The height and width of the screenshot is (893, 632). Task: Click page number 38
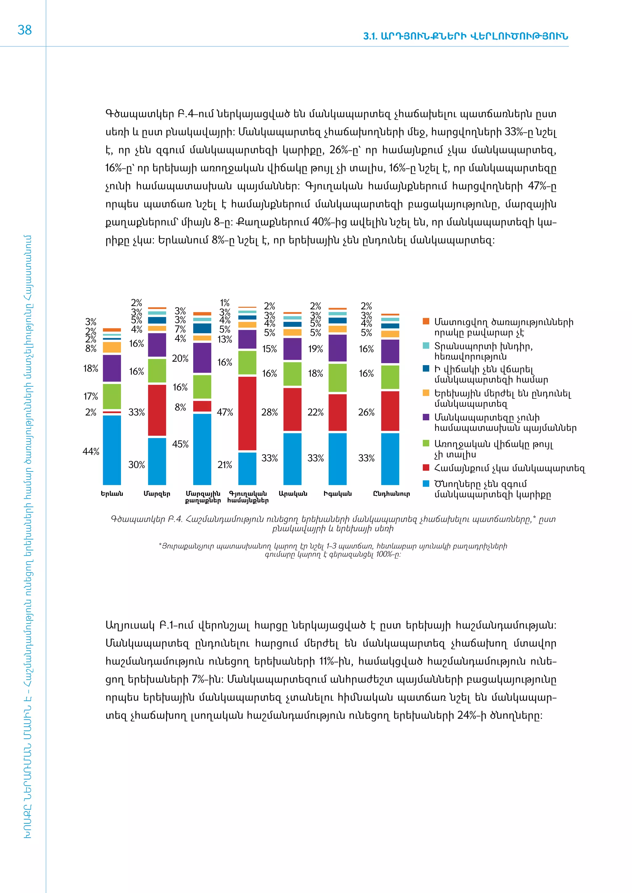click(24, 30)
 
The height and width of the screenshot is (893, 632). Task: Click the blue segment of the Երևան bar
click(112, 450)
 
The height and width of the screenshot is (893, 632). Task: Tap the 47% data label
click(225, 412)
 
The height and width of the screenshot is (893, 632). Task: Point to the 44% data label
click(91, 451)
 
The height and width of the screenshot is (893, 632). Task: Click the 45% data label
click(180, 444)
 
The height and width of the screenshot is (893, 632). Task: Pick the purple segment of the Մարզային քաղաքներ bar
click(202, 358)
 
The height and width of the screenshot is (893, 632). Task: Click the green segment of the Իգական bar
click(337, 378)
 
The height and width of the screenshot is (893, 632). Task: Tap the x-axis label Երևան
click(112, 494)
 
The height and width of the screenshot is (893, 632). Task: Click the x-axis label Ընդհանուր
click(391, 494)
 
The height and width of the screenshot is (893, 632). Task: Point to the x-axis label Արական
click(293, 494)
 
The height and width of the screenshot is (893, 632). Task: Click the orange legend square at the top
click(426, 321)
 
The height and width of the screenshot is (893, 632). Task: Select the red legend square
click(426, 467)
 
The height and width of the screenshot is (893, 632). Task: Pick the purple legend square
click(426, 417)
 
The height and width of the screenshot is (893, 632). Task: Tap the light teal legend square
click(426, 345)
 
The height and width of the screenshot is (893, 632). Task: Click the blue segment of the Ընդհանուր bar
click(390, 459)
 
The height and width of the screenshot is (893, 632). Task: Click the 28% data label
click(269, 412)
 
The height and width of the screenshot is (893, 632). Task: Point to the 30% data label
click(137, 465)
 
